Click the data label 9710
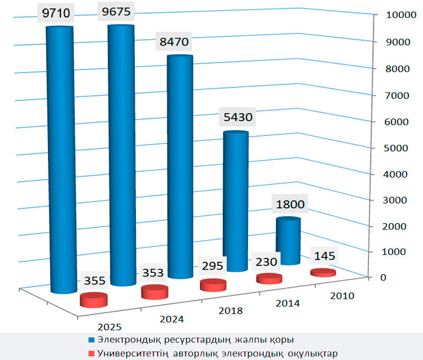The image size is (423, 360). [59, 13]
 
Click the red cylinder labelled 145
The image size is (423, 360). [323, 273]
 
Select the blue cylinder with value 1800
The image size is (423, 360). [288, 241]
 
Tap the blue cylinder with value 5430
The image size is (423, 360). [234, 201]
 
